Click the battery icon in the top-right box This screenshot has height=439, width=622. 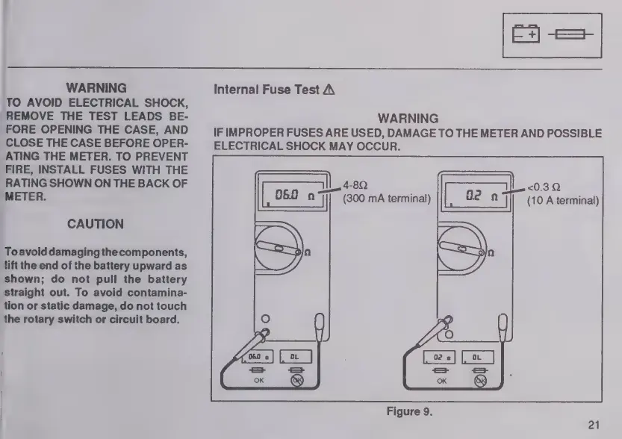pos(526,34)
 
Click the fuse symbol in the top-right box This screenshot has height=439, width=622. pos(571,34)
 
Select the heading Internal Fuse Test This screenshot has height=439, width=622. pos(267,90)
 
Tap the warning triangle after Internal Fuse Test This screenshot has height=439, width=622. pos(329,90)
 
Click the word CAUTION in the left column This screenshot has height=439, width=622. pos(95,224)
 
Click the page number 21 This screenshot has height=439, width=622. pos(594,426)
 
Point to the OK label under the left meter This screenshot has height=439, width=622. pos(258,381)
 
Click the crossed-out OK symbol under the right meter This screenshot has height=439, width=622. pos(480,380)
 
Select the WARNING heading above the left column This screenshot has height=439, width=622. pos(96,88)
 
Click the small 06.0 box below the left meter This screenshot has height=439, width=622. pos(258,358)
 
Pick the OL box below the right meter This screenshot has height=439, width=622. pos(478,358)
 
